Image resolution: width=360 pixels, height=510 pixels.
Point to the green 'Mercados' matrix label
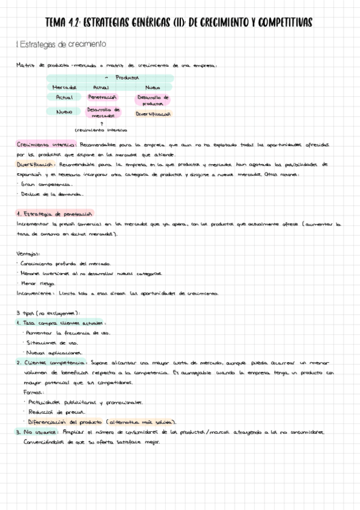(64, 88)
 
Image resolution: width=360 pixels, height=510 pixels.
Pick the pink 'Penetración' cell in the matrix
(102, 97)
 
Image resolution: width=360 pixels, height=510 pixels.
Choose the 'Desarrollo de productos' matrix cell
(153, 100)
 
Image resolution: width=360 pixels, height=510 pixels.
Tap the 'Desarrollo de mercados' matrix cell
(103, 112)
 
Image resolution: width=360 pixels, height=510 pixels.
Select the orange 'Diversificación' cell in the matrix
(153, 113)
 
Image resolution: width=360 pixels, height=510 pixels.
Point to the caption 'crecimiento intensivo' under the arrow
(100, 130)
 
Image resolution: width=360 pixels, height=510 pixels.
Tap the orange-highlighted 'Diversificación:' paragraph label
(38, 164)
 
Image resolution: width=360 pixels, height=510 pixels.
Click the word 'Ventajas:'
(28, 253)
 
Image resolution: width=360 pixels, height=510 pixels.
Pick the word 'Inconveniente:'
(35, 293)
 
